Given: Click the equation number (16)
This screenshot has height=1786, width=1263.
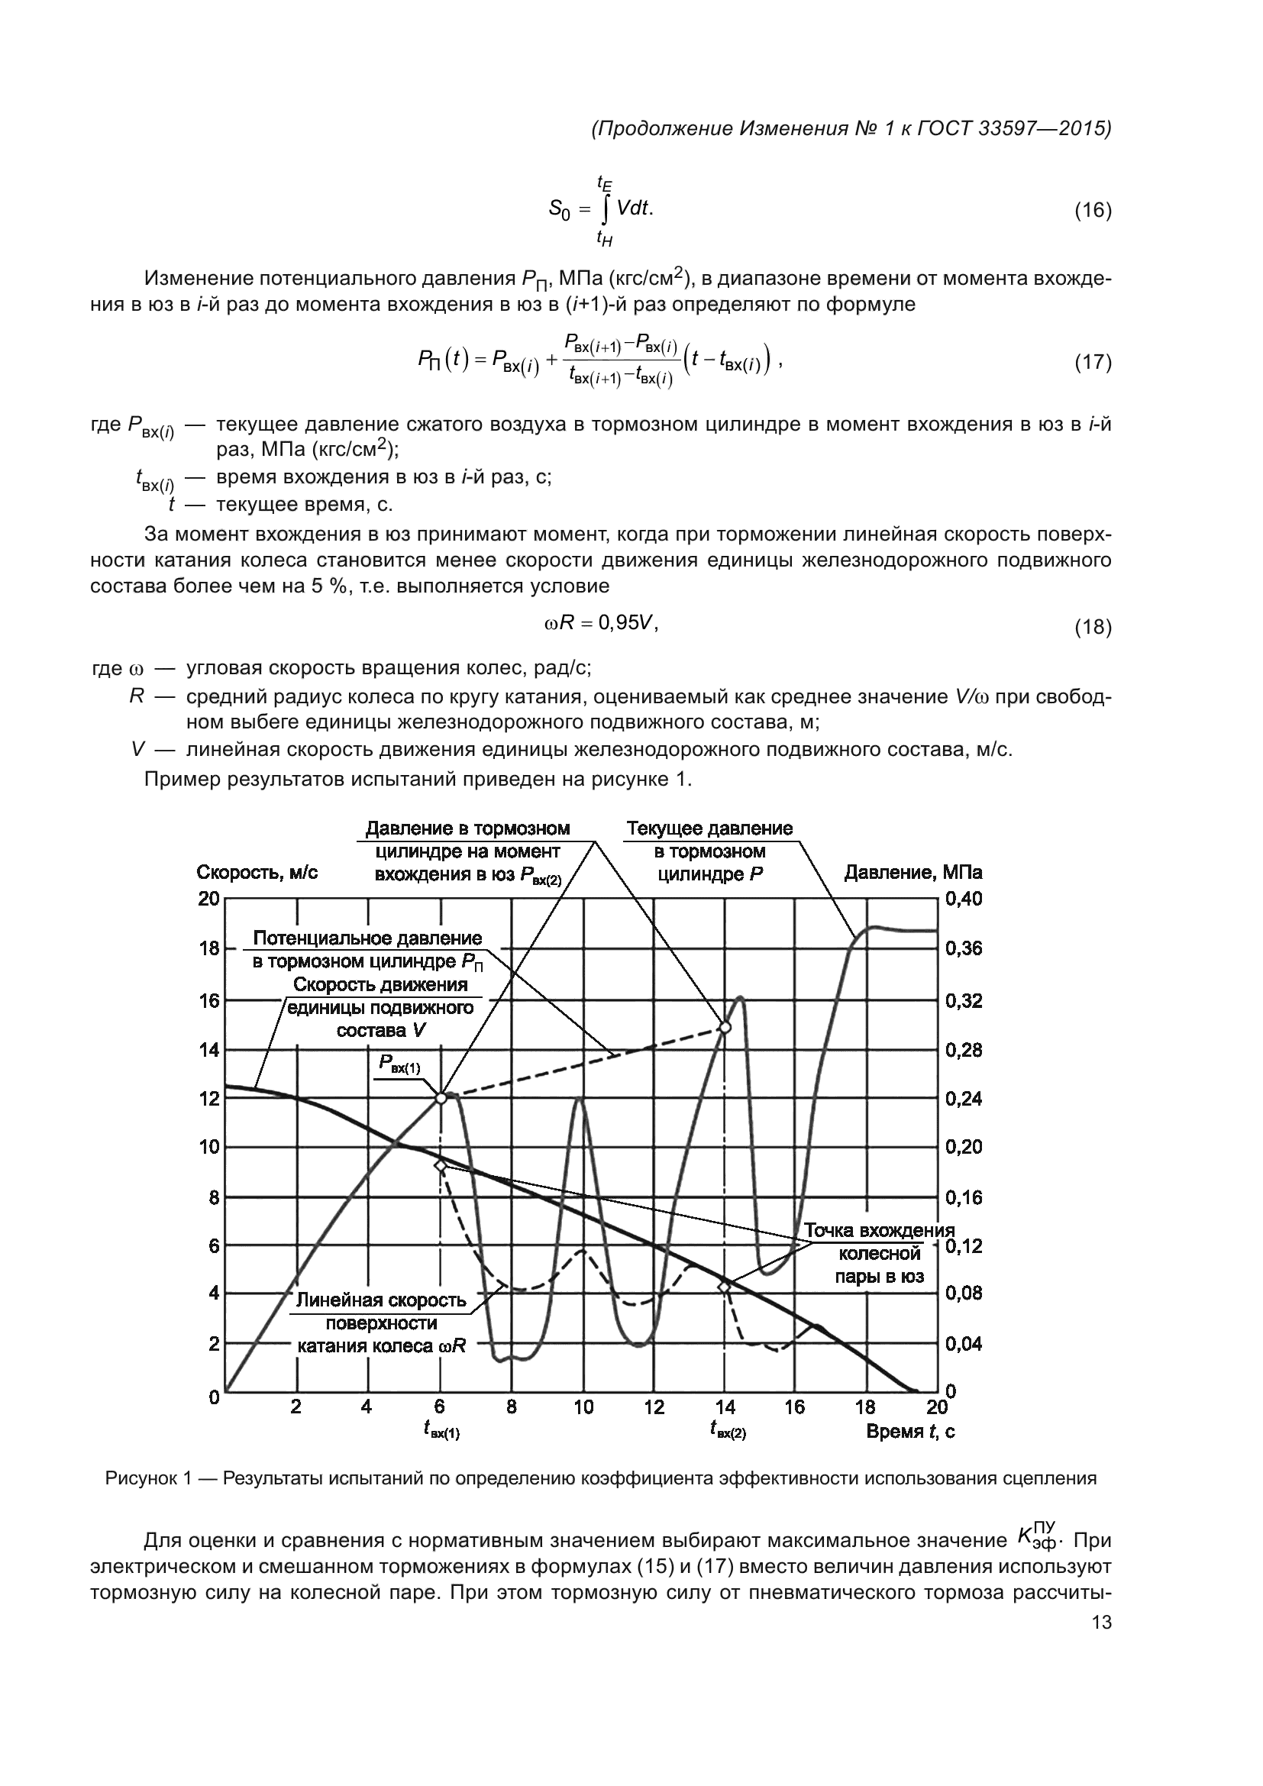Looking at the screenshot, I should [x=1093, y=211].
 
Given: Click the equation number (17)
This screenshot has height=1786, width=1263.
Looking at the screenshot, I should [x=1093, y=362].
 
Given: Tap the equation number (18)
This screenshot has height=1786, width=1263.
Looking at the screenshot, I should [x=1093, y=627].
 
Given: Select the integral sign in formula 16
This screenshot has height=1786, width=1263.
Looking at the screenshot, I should [x=604, y=210].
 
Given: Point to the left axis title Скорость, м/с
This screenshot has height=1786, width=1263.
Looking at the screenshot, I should [x=257, y=873].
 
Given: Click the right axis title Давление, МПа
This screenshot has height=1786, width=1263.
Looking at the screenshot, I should [x=913, y=873].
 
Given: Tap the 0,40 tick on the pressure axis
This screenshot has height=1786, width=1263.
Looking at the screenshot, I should [x=964, y=899].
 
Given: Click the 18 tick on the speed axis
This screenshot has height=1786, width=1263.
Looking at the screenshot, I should [x=209, y=949].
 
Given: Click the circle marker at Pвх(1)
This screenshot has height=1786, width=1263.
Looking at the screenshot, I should [x=441, y=1098].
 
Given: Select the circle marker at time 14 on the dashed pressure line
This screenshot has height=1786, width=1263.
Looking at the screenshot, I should [x=725, y=1028].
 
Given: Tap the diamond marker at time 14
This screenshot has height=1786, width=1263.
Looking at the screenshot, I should [x=725, y=1287].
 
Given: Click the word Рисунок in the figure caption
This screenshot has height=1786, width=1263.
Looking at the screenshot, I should [x=138, y=1479].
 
